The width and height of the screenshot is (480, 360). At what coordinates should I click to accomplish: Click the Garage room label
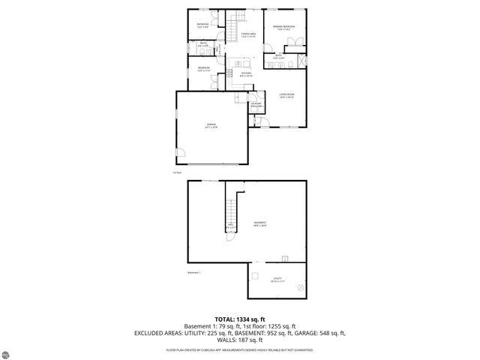click(211, 126)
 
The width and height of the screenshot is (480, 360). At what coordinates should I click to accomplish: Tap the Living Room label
click(286, 95)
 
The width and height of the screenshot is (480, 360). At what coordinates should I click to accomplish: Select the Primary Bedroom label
click(284, 28)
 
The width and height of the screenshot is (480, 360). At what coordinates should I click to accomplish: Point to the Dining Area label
click(249, 35)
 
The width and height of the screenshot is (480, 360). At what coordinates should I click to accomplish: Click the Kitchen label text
click(245, 74)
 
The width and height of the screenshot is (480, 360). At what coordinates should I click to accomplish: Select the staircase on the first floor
click(238, 19)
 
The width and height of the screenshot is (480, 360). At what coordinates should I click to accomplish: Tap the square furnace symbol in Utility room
click(255, 274)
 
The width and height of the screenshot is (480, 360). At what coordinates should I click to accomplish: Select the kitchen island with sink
click(240, 62)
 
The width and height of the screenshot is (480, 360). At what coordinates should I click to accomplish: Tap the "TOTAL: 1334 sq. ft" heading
click(240, 319)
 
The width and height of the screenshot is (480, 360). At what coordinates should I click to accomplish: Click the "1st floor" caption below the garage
click(178, 173)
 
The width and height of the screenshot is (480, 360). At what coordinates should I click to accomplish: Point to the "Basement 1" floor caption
click(195, 272)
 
